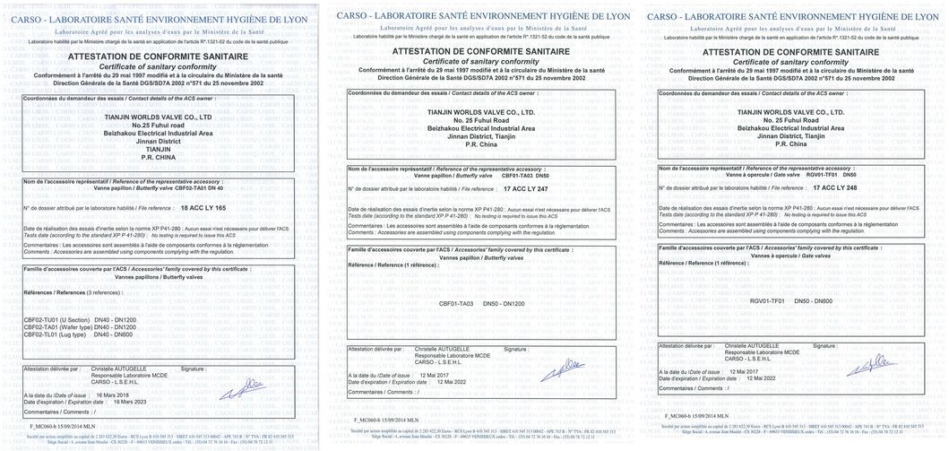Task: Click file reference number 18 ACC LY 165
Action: click(x=203, y=206)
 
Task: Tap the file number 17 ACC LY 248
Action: click(x=833, y=187)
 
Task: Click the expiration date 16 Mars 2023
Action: click(x=127, y=401)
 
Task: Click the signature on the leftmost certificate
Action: click(x=247, y=386)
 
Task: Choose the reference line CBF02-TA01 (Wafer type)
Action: click(x=56, y=326)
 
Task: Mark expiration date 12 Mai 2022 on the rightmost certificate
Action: click(x=755, y=377)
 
